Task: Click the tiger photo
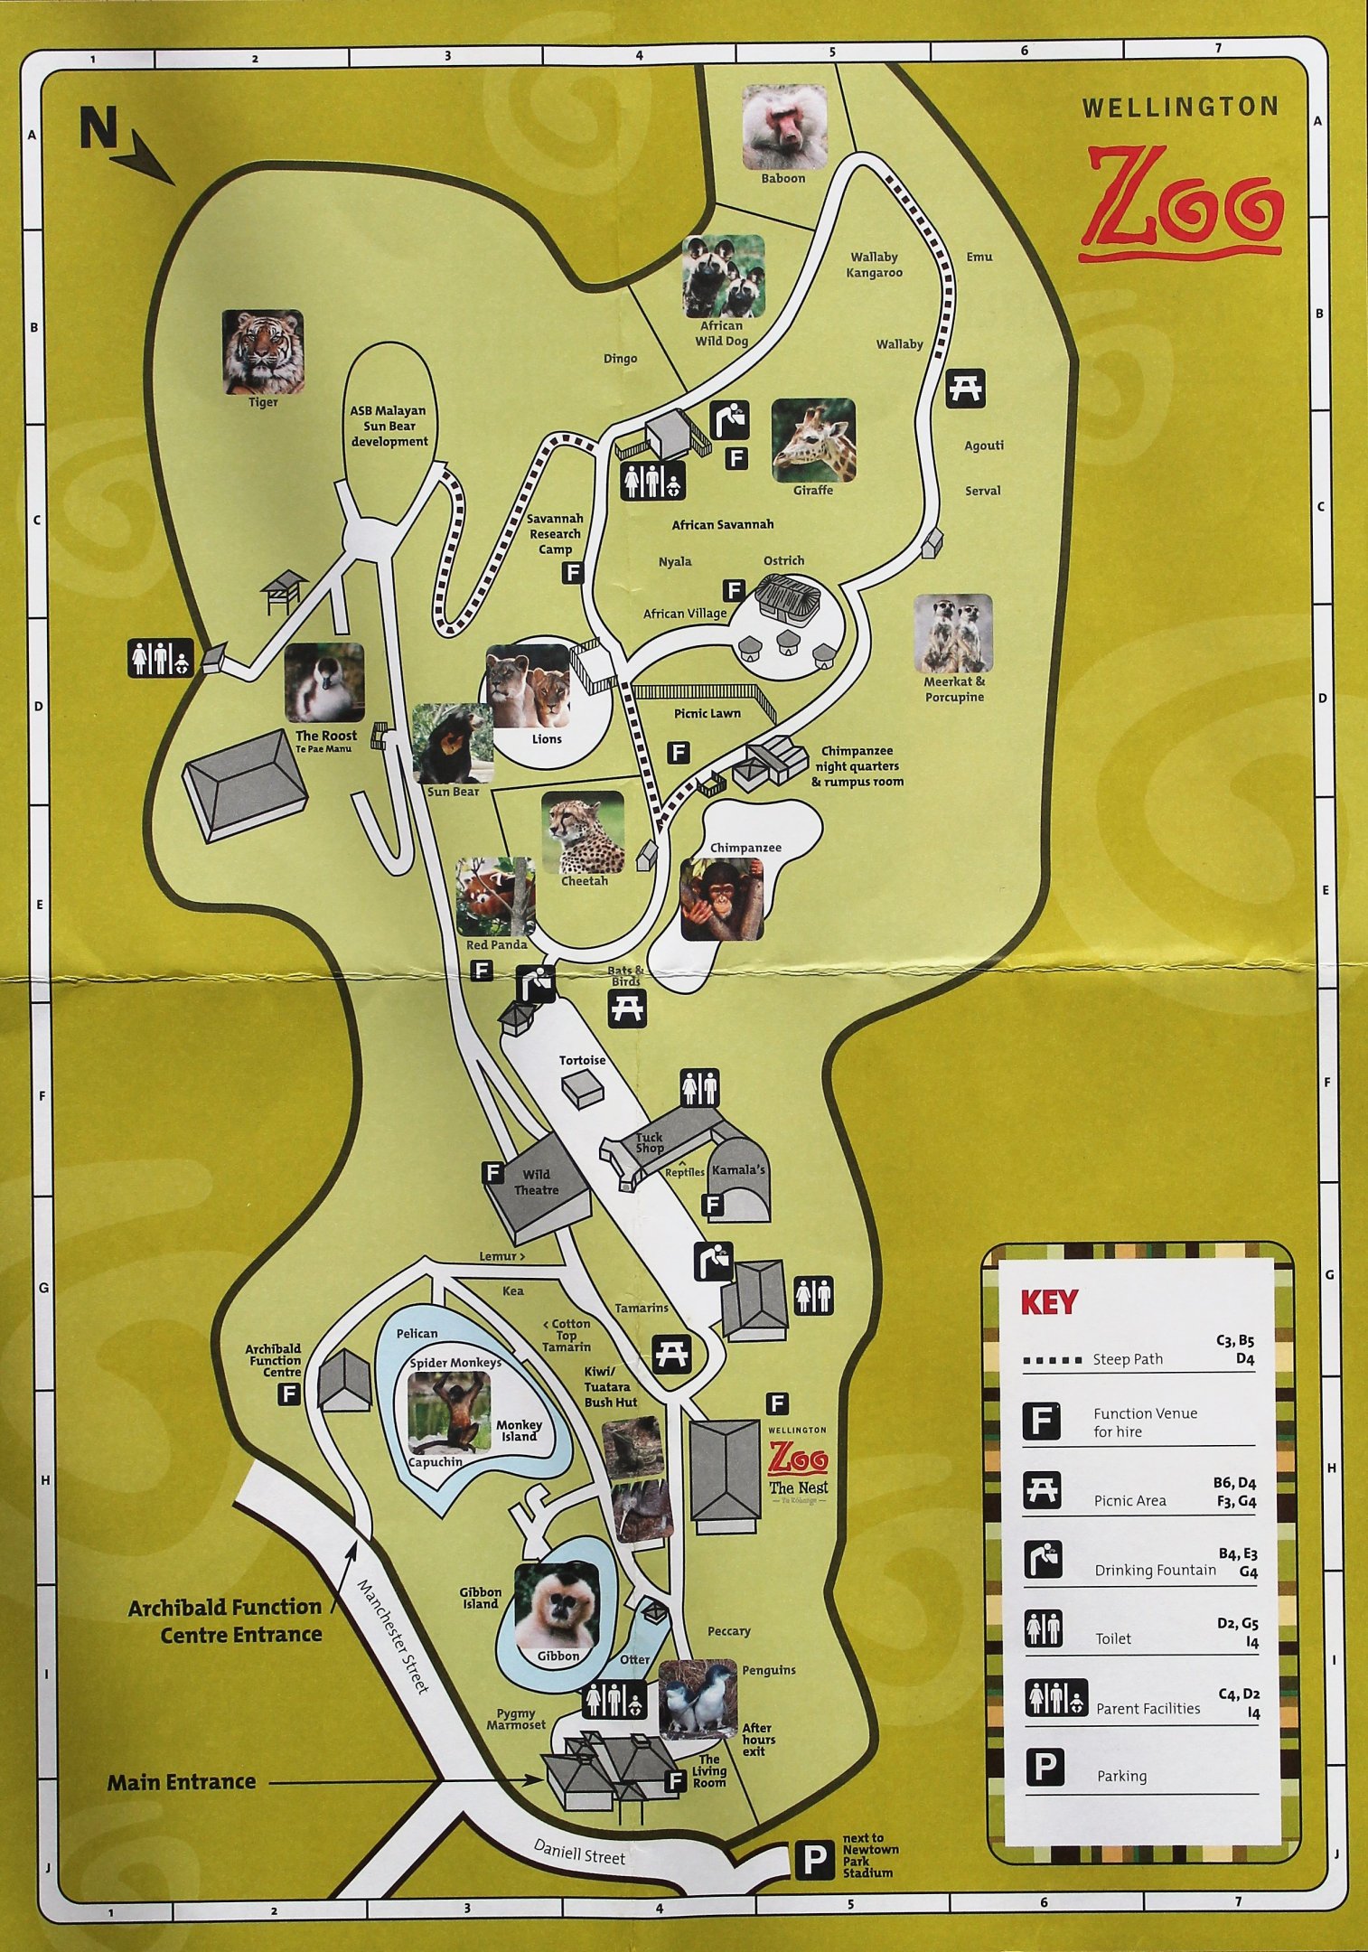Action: click(263, 352)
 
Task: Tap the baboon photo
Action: click(784, 127)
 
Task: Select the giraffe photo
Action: click(812, 440)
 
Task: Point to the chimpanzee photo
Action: click(721, 899)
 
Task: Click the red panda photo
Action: click(495, 896)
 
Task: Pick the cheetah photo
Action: click(584, 832)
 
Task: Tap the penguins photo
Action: click(698, 1699)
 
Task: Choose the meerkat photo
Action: click(953, 633)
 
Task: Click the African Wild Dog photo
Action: click(723, 276)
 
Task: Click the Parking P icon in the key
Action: click(1045, 1767)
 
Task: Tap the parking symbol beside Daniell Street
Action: click(814, 1860)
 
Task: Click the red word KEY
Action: click(1048, 1302)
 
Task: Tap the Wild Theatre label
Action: click(536, 1182)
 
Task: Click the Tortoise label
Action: click(582, 1060)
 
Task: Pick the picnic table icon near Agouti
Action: click(965, 389)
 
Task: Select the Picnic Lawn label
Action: click(707, 713)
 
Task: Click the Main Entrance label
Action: click(181, 1782)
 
